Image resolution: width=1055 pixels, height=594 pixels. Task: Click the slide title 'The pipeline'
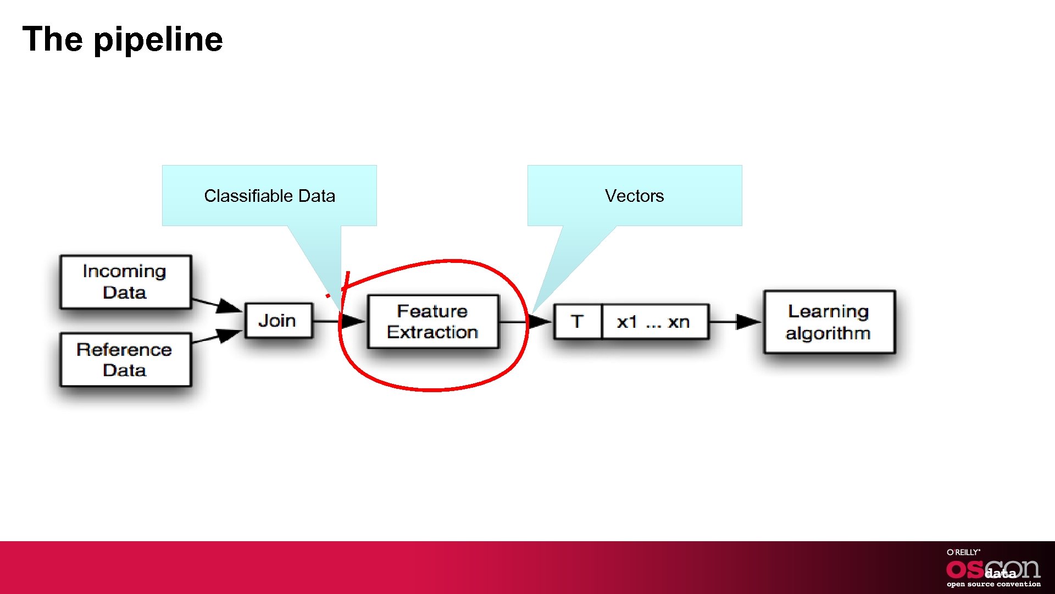(x=123, y=40)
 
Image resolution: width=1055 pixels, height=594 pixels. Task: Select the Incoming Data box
(x=125, y=282)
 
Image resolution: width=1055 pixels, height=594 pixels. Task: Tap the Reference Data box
(x=125, y=360)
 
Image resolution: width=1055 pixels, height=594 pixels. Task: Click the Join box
(x=278, y=321)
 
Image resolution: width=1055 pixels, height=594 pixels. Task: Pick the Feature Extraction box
(x=432, y=322)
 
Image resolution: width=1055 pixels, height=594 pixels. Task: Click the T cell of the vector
(x=577, y=322)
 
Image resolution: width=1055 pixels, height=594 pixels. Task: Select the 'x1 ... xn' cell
(x=653, y=322)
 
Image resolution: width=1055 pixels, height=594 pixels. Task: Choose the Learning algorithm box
(x=829, y=322)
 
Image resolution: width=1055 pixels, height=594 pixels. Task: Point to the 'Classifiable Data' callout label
(x=269, y=196)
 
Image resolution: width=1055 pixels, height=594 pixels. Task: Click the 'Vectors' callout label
(x=634, y=196)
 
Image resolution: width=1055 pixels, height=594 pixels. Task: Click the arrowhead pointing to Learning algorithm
(x=748, y=322)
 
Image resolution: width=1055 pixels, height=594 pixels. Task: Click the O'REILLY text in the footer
(x=963, y=552)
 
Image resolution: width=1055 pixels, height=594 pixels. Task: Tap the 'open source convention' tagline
(x=993, y=584)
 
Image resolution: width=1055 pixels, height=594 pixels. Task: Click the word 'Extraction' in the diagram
(x=432, y=332)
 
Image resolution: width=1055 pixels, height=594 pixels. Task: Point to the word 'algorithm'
(x=828, y=333)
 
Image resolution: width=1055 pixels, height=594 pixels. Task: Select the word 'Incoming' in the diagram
(x=124, y=271)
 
